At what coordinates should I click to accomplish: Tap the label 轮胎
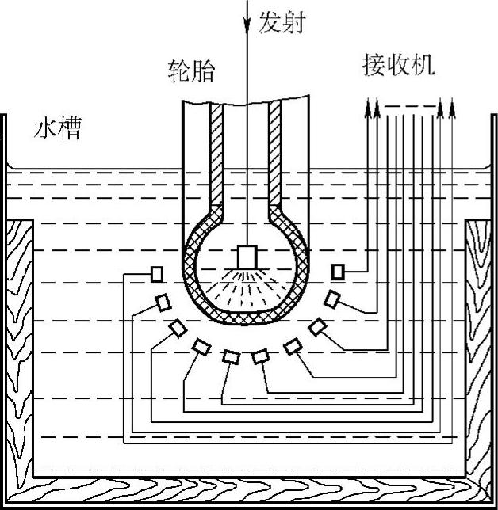(192, 72)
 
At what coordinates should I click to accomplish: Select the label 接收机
(398, 65)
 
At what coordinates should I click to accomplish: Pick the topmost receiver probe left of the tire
(156, 274)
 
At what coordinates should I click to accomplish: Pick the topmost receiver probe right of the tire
(339, 272)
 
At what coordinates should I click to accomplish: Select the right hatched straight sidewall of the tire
(276, 154)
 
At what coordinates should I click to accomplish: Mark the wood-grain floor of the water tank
(249, 492)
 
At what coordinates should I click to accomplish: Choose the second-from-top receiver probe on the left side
(164, 303)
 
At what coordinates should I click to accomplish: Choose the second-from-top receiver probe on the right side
(332, 299)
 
